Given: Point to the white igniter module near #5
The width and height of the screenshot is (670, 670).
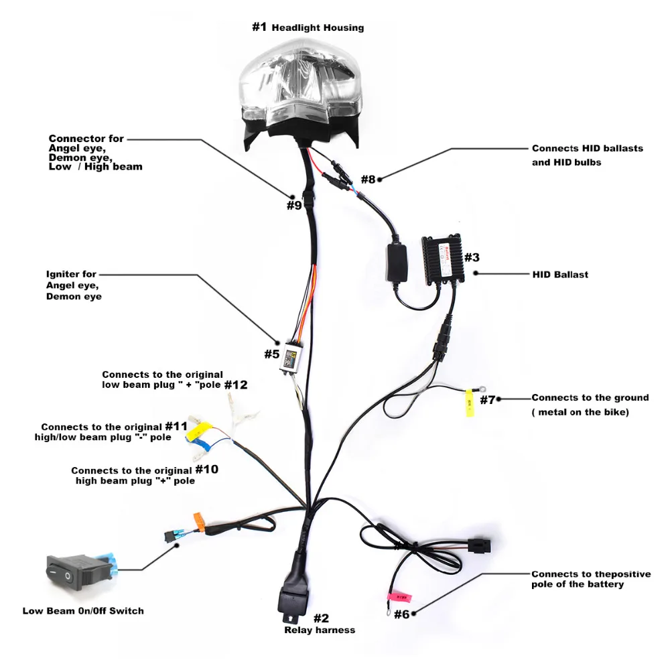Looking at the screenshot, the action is (291, 357).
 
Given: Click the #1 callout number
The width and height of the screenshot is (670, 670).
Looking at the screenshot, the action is (259, 27).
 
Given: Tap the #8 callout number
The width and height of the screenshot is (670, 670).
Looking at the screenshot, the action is (368, 179).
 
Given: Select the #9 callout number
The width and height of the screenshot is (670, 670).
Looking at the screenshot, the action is (294, 206).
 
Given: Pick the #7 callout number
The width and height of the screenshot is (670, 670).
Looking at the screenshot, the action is (487, 400).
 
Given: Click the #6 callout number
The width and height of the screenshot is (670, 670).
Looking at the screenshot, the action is (401, 614).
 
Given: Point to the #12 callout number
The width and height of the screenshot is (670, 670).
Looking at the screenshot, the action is (236, 385).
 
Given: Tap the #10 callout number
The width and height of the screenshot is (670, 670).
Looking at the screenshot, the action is (207, 470).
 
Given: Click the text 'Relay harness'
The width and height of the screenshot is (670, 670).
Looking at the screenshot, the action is (320, 630).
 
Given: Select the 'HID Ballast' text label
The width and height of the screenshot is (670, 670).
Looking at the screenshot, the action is (560, 274).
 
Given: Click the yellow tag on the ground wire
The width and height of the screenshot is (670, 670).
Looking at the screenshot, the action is (470, 402).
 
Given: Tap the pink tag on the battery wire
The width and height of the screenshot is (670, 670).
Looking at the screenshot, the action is (399, 597).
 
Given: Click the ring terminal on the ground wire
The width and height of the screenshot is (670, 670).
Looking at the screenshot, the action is (482, 389).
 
